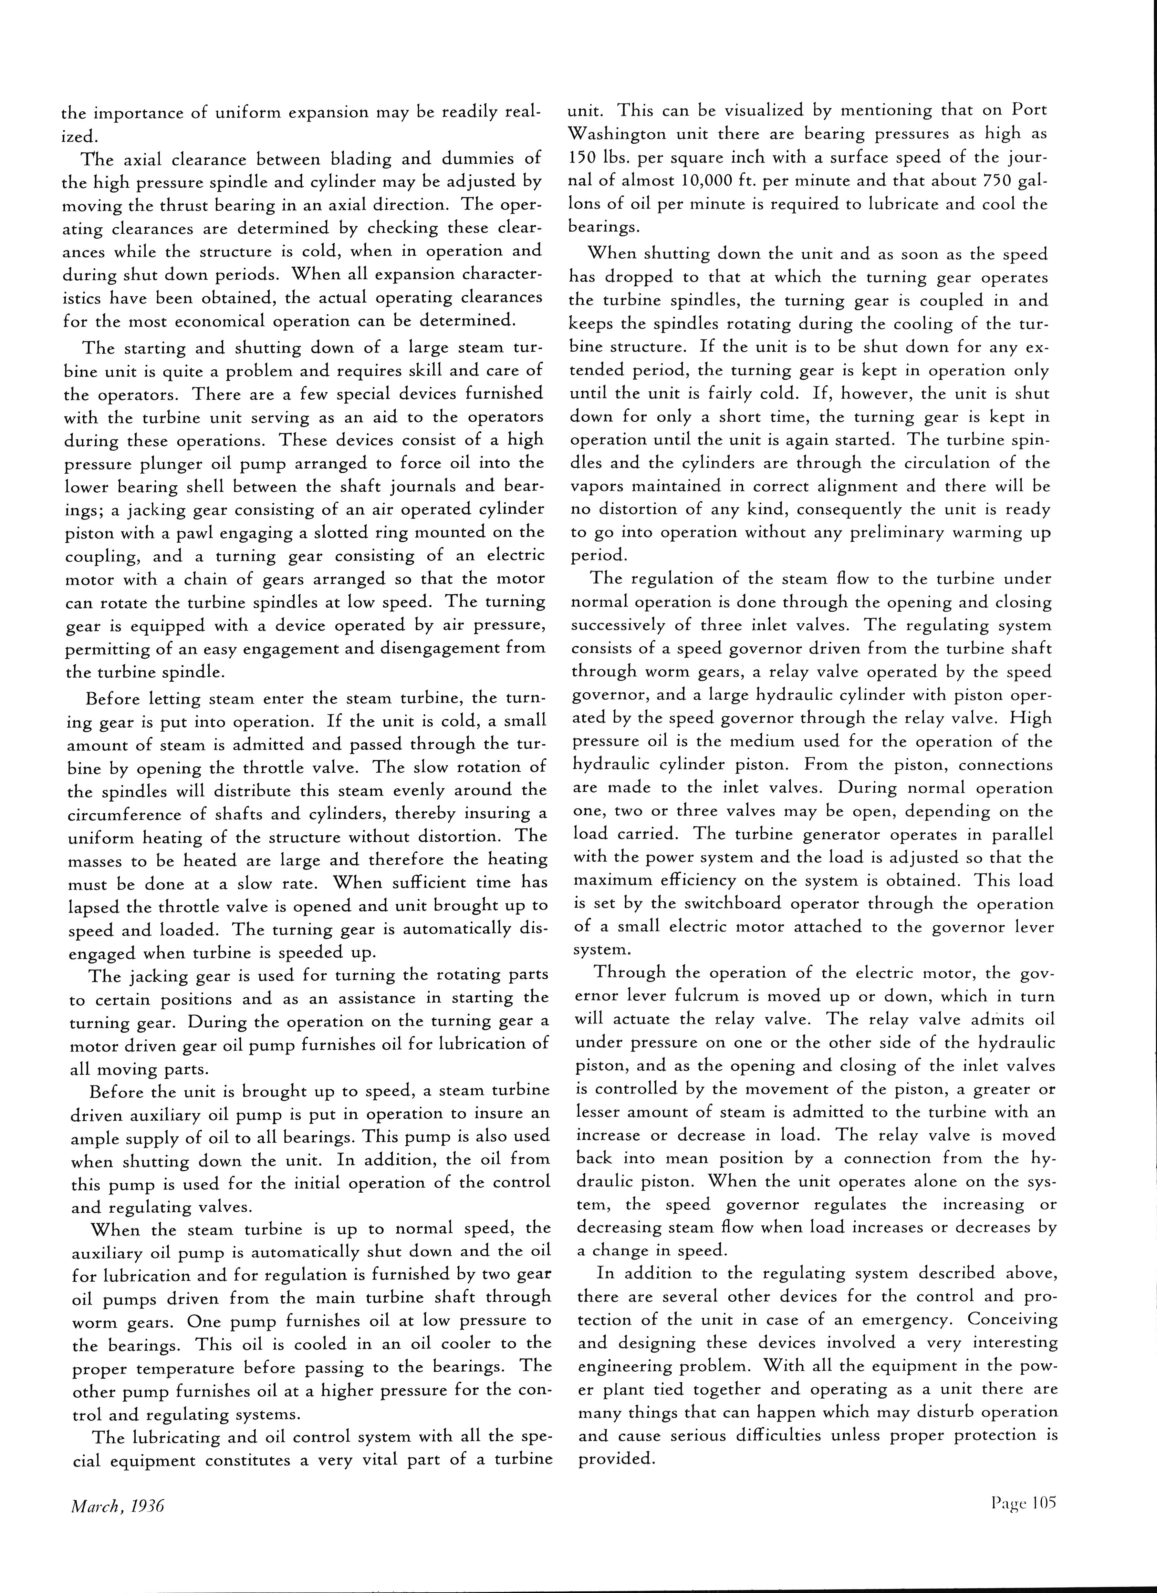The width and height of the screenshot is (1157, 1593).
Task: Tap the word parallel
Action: coord(1019,834)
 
